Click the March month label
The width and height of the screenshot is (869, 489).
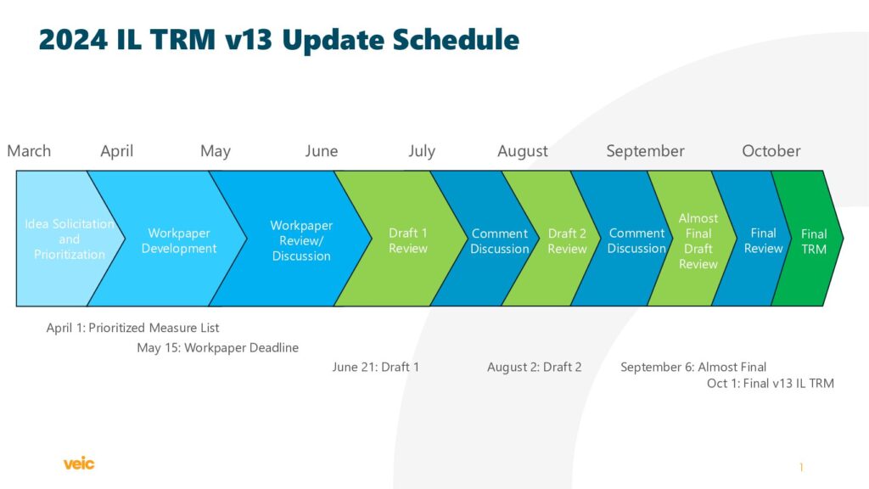29,151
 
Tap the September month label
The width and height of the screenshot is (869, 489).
645,151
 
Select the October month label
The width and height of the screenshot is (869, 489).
771,151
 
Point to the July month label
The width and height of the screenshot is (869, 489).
422,151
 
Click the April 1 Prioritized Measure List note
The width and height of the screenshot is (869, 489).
132,328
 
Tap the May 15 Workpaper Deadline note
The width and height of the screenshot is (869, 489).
218,347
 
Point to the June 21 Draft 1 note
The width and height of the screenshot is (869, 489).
376,367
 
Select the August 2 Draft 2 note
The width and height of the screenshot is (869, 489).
535,367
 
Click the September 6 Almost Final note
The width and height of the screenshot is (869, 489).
693,367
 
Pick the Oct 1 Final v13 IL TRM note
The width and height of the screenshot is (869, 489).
771,383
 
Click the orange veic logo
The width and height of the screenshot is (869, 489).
79,463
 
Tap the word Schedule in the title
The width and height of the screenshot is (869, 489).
456,39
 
